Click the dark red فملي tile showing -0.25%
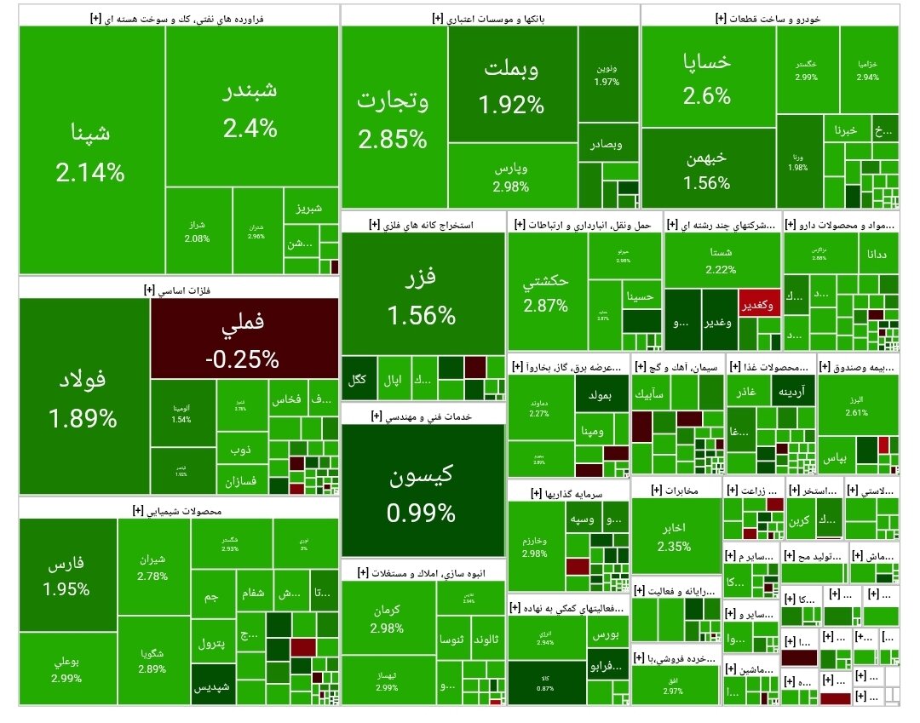click(244, 339)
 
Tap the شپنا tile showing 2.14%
click(90, 152)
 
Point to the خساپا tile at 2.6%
click(707, 77)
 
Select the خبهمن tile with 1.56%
click(707, 169)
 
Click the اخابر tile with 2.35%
click(675, 537)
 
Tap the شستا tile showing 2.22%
click(721, 260)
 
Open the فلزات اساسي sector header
click(178, 290)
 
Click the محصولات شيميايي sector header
click(178, 511)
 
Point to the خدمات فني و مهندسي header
click(423, 416)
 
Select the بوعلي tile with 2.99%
click(66, 668)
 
